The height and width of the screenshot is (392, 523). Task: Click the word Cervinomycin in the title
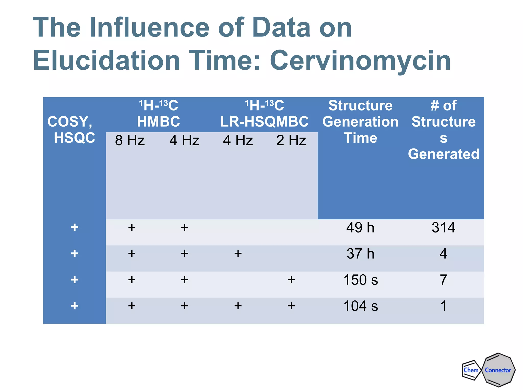[x=360, y=61]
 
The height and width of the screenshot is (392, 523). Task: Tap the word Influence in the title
[x=149, y=28]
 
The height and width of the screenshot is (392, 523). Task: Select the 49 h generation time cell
[x=360, y=227]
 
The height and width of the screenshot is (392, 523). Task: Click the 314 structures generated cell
[x=443, y=227]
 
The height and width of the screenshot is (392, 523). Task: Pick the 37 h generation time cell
[x=360, y=254]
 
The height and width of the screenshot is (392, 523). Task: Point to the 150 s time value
[x=361, y=280]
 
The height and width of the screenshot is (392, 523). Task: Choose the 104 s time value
[x=361, y=306]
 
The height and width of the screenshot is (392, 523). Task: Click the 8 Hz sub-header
[x=130, y=140]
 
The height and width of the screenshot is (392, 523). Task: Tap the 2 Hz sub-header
[x=291, y=140]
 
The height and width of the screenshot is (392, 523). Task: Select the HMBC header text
[x=158, y=121]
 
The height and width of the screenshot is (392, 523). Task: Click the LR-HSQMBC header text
[x=264, y=121]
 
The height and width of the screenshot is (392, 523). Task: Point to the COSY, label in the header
[x=70, y=121]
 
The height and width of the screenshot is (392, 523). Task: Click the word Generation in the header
[x=360, y=121]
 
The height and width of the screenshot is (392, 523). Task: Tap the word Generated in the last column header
[x=443, y=154]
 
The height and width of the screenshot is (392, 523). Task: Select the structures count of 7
[x=443, y=280]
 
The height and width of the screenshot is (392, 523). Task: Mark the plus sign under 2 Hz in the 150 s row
[x=291, y=280]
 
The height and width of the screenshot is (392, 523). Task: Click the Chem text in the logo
[x=471, y=370]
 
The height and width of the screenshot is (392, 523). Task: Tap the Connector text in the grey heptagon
[x=498, y=370]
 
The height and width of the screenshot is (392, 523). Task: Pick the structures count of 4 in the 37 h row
[x=443, y=254]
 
